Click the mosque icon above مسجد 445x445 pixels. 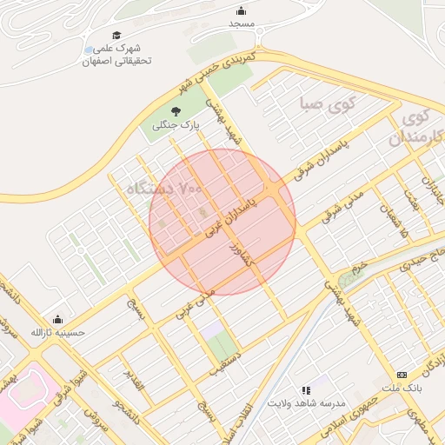(241, 10)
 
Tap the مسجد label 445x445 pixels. (241, 23)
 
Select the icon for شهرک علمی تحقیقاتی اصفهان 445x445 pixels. (90, 50)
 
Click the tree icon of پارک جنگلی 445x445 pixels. (176, 111)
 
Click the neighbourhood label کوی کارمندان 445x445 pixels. (417, 127)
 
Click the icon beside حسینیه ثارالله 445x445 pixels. (58, 319)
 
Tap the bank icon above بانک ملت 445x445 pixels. (401, 374)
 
